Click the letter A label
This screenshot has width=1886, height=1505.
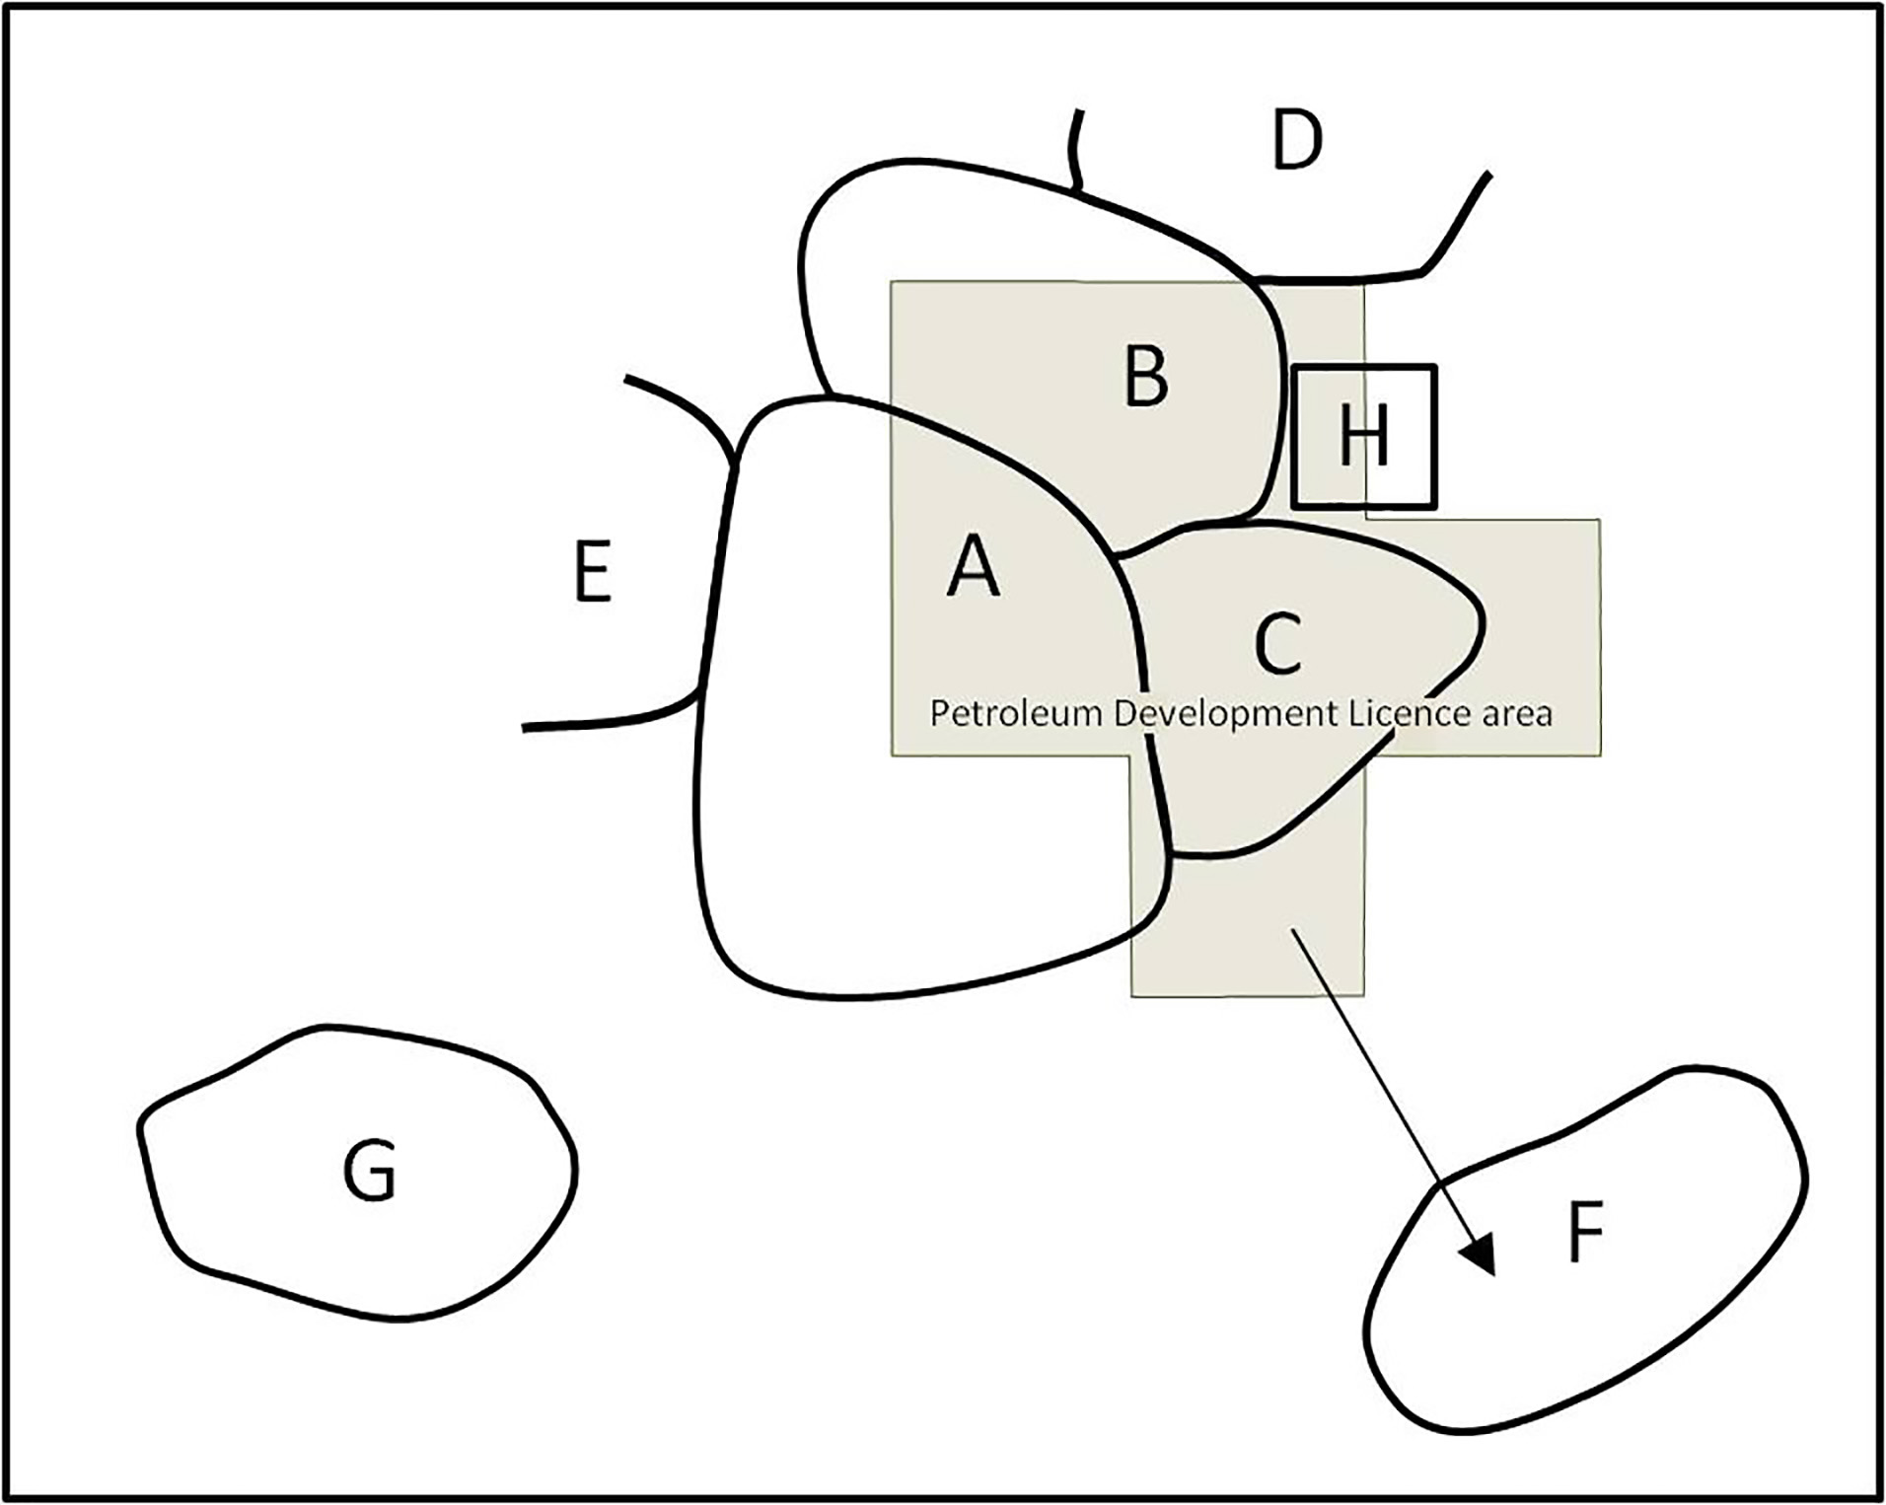click(973, 565)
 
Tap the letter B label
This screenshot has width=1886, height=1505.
click(1146, 376)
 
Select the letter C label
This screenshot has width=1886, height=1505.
click(1278, 643)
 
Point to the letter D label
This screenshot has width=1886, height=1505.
click(1296, 139)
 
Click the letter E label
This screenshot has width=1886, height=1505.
click(593, 571)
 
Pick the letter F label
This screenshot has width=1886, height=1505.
click(1585, 1232)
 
